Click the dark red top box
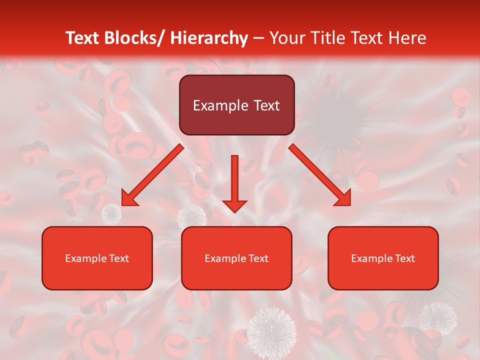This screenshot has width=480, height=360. point(236,105)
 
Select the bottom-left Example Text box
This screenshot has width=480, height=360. point(97,258)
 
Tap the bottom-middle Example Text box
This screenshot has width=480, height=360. point(236,258)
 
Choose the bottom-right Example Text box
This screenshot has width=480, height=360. point(383,258)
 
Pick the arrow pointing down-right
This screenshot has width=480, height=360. point(320,175)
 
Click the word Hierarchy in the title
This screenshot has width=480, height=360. point(208,38)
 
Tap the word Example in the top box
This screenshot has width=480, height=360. point(220,105)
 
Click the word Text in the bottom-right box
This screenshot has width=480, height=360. point(404,258)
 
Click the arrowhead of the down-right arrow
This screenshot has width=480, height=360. point(343,198)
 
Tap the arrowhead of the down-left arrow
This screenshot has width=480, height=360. point(128,198)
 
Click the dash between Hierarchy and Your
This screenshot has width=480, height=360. point(258,38)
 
